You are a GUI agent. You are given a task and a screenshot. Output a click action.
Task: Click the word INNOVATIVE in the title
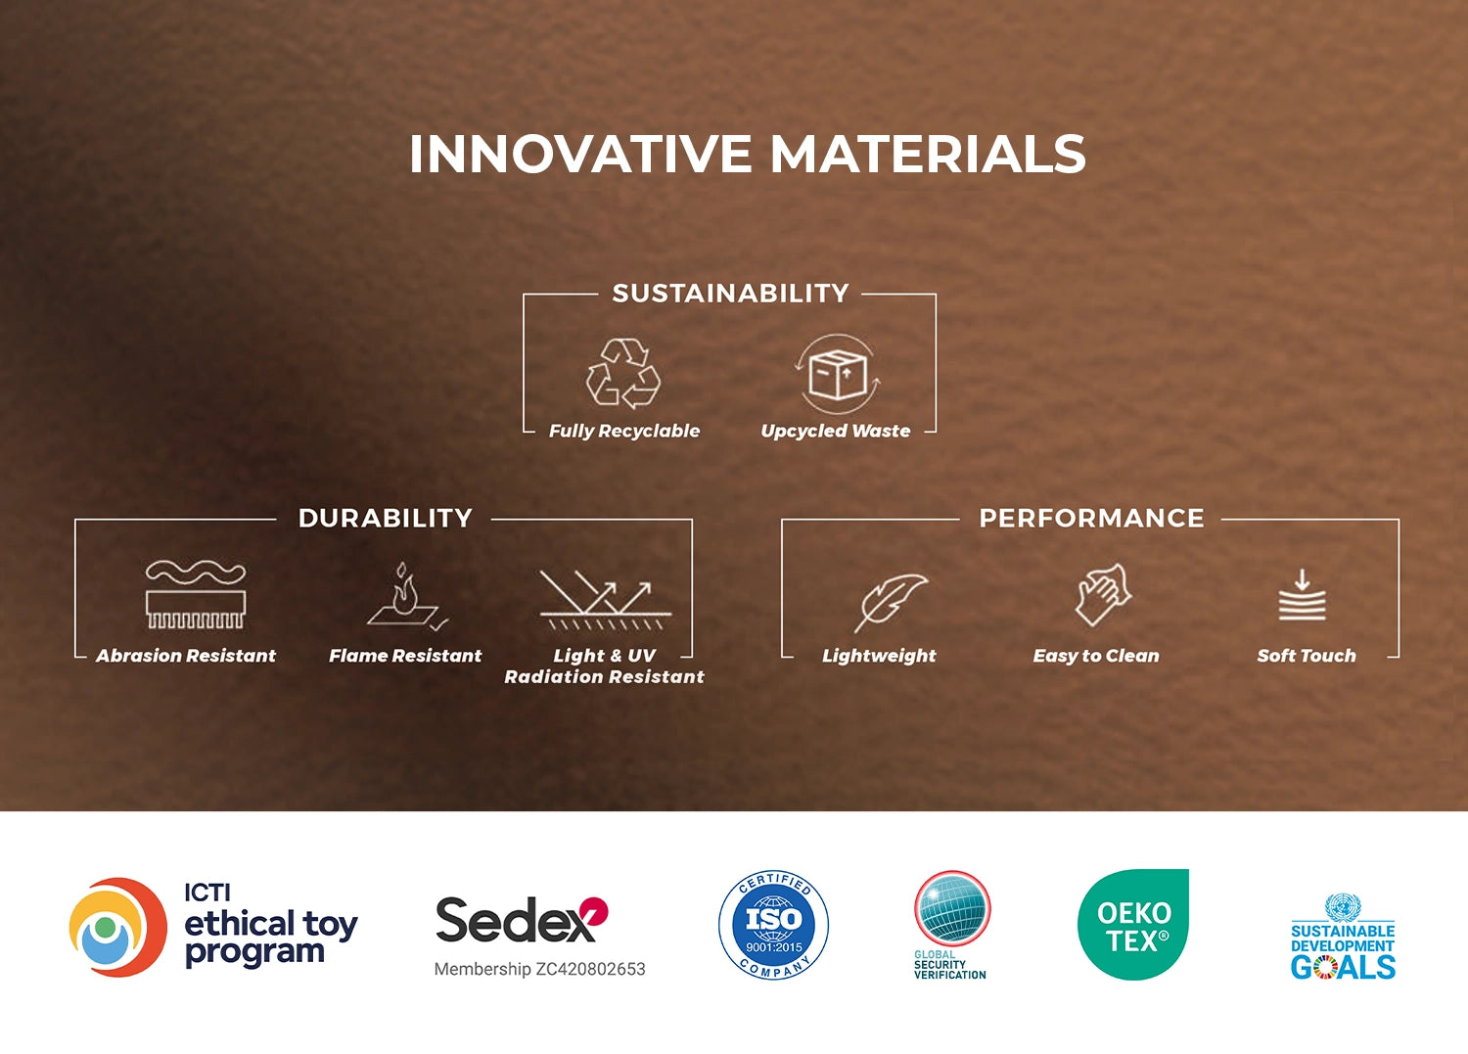pos(580,154)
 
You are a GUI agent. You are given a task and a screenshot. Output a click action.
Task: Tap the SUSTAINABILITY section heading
pos(730,293)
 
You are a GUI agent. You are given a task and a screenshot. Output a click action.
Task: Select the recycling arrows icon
pos(622,374)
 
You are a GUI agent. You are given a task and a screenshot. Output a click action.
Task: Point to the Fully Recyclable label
pos(624,431)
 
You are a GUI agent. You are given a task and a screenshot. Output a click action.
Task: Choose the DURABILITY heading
pos(386,518)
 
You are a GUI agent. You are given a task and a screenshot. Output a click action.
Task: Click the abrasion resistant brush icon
pos(196,595)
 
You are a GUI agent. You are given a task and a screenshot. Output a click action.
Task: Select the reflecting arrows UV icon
pos(605,600)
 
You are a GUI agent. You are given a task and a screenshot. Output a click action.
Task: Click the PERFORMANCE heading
pos(1091,518)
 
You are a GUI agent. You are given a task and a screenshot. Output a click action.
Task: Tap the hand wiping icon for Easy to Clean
pos(1104,594)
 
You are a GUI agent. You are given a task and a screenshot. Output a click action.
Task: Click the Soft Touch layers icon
pos(1303,594)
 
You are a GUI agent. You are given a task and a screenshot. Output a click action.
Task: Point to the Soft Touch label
pos(1307,656)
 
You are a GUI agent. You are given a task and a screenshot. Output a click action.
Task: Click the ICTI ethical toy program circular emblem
pos(118,927)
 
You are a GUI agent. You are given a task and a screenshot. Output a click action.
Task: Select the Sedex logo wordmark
pos(522,919)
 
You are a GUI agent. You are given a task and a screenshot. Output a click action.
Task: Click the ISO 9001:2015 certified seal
pos(773,925)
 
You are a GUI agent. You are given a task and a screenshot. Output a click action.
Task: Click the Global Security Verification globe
pos(952,909)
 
